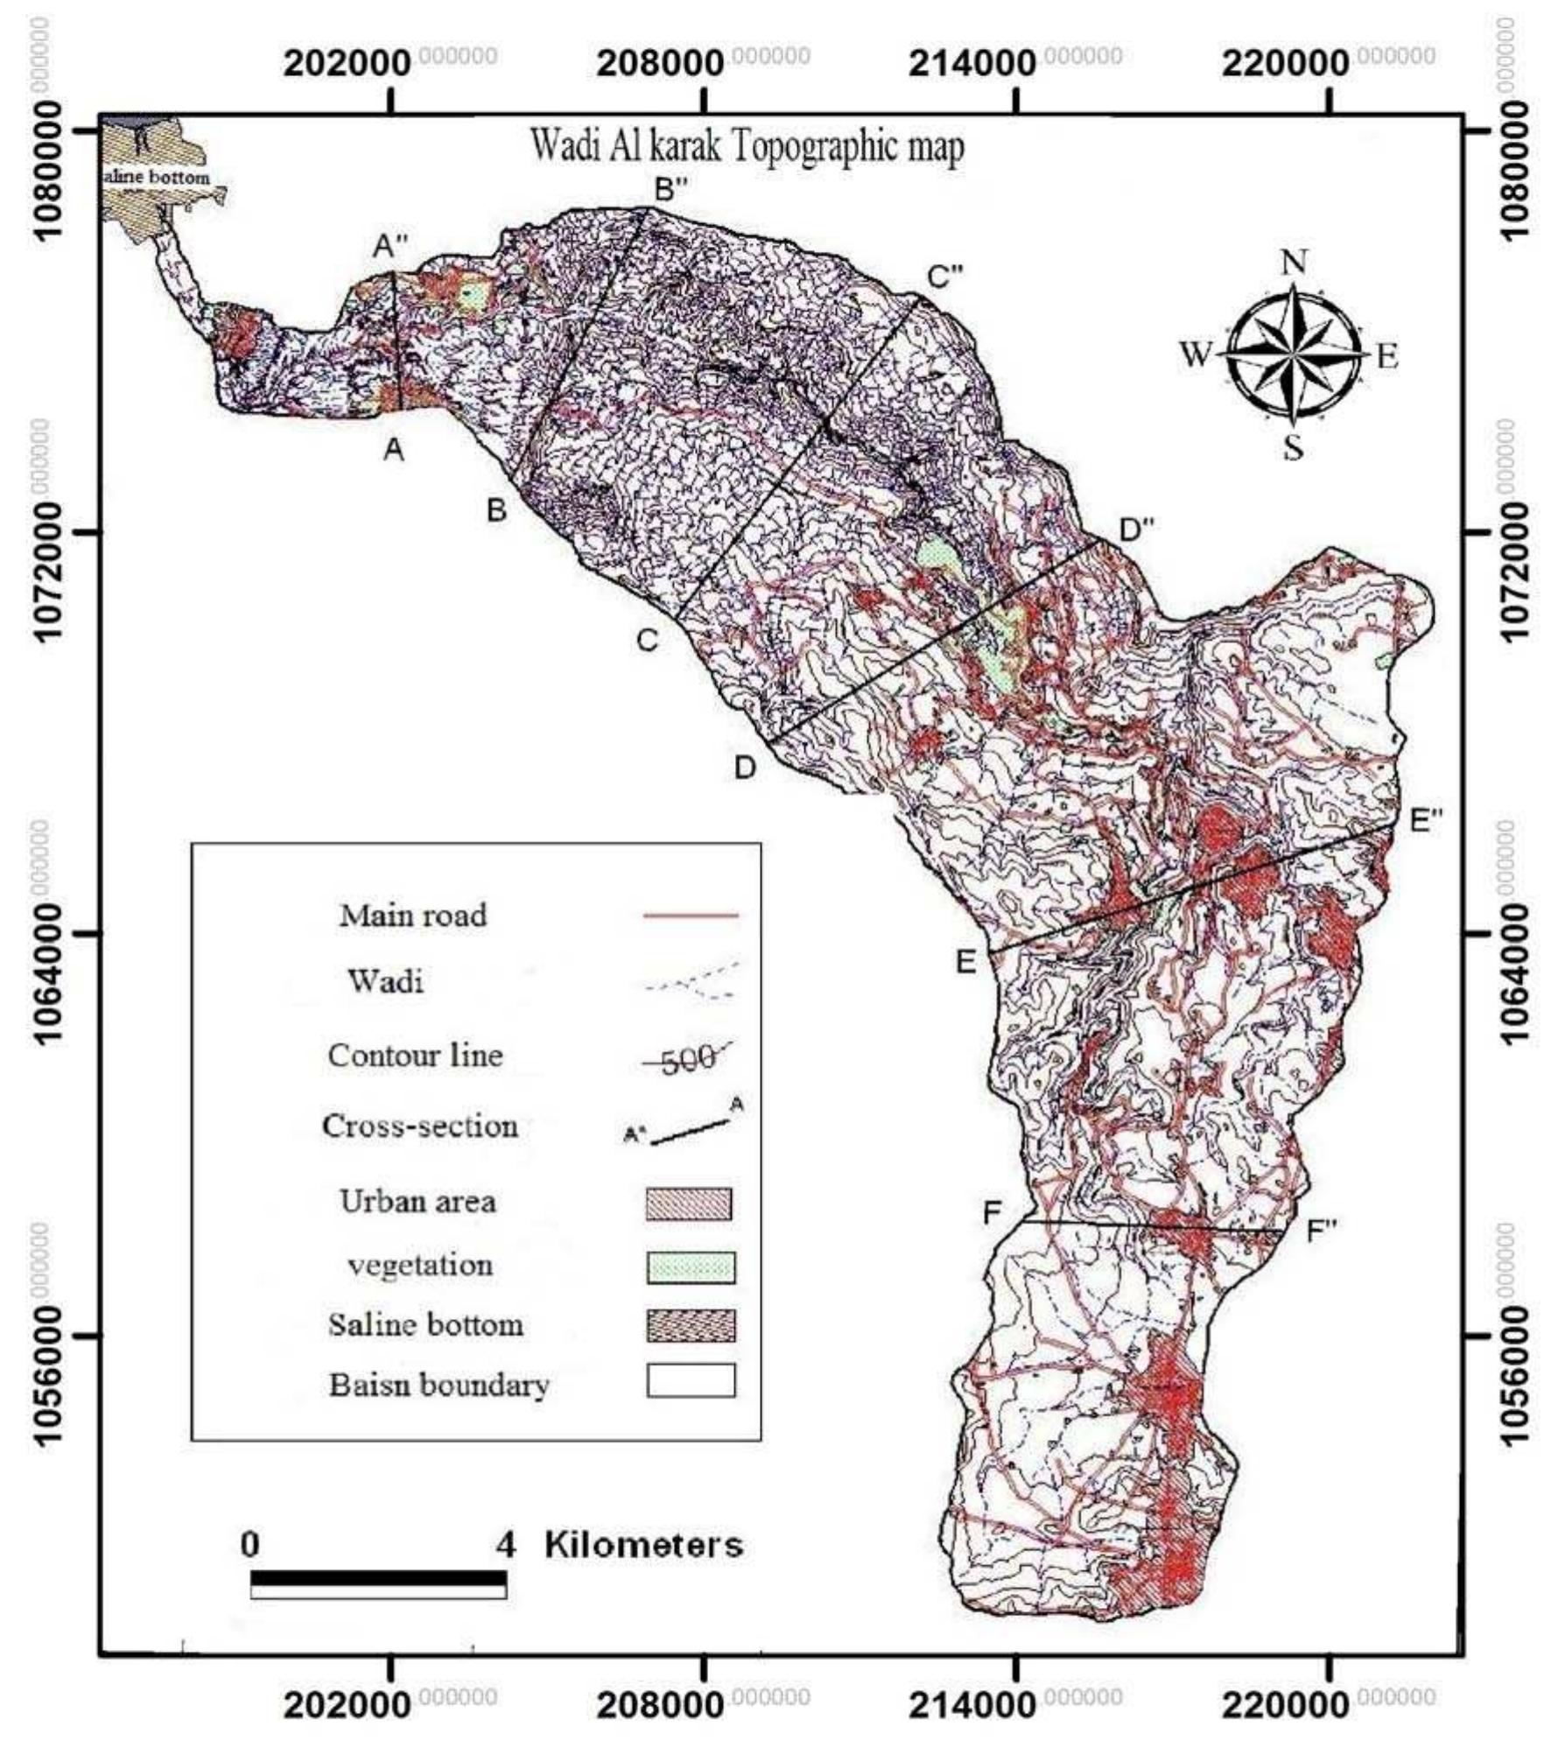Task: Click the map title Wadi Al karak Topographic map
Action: point(747,147)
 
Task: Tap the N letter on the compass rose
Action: point(1294,262)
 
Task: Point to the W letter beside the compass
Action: point(1196,356)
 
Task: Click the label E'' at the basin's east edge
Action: point(1426,820)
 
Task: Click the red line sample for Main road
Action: point(691,916)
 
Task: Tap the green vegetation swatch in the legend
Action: point(691,1267)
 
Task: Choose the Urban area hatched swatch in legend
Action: point(689,1204)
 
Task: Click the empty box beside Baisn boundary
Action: point(691,1381)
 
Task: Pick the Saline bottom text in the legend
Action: point(426,1324)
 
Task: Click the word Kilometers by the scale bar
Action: point(643,1545)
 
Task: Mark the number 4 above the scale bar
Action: point(506,1545)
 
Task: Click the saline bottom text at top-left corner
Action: point(157,178)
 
